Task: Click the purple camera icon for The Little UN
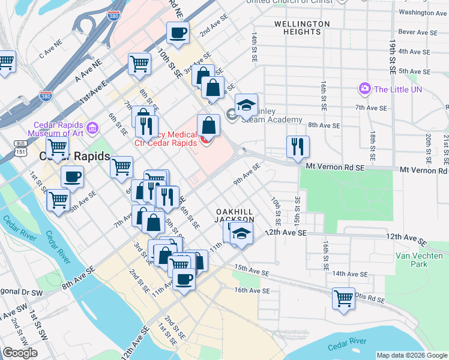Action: (364, 89)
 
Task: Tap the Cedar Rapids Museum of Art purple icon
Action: (92, 128)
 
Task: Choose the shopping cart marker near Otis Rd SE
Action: (343, 298)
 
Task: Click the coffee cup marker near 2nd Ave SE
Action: (178, 34)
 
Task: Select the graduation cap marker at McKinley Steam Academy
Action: (246, 106)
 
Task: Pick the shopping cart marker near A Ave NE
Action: (139, 63)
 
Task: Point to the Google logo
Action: (20, 353)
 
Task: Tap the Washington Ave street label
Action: (423, 12)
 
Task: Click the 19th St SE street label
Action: (393, 57)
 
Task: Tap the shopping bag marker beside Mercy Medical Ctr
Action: (208, 126)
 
